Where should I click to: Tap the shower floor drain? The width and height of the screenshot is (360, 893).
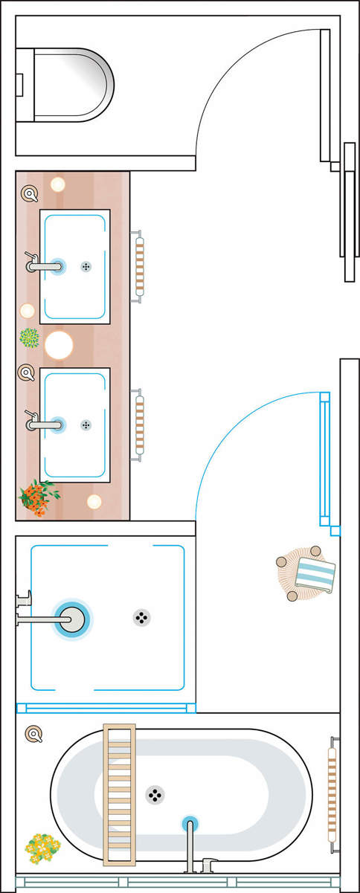point(142,617)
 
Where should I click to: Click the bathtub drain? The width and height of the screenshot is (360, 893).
point(155,795)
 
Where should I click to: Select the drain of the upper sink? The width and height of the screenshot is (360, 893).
point(86,266)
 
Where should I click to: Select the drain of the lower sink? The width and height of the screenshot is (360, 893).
point(86,425)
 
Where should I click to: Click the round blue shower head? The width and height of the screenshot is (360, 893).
point(72,619)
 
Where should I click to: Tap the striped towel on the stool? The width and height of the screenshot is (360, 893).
point(315,574)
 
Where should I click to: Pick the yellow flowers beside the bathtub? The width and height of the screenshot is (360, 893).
point(42,845)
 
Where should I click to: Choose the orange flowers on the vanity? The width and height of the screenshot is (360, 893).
point(37,497)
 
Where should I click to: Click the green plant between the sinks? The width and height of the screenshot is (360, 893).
point(29,338)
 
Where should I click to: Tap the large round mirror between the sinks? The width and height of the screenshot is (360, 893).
point(59,345)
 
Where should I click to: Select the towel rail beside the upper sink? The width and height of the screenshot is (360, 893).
point(138,266)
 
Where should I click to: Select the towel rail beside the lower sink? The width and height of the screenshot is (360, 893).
point(138,425)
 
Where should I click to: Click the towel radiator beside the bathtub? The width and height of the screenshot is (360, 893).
point(332,793)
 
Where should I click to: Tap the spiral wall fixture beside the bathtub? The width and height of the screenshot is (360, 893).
point(33,735)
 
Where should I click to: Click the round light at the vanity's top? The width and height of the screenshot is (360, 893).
point(57,184)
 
